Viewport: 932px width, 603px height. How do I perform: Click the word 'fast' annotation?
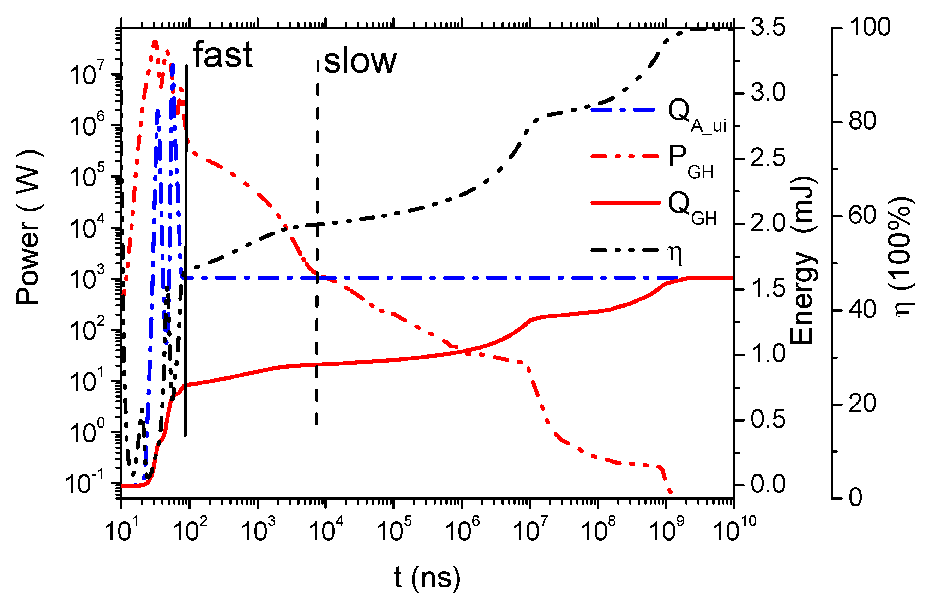pos(223,55)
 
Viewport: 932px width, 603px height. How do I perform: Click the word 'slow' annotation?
pos(360,62)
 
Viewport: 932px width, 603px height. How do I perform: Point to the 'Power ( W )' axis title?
pos(28,227)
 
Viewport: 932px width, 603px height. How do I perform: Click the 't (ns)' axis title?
pos(427,577)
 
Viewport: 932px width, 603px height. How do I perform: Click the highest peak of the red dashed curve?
pos(155,41)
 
